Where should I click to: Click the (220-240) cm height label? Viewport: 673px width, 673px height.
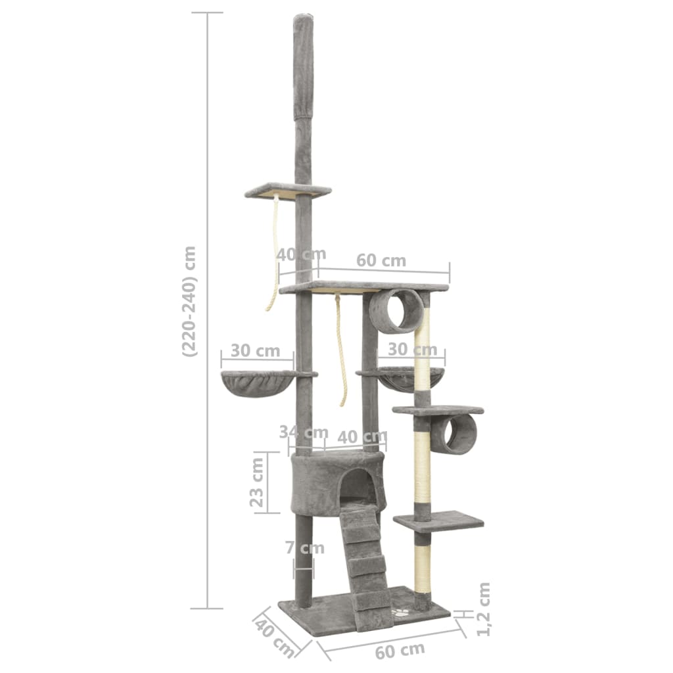[189, 301]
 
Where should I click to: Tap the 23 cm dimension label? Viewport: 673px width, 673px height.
[258, 483]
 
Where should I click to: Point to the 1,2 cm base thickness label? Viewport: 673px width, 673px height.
[484, 609]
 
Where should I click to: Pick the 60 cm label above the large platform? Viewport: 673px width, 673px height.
[381, 260]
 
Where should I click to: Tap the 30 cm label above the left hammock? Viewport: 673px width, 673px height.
[256, 350]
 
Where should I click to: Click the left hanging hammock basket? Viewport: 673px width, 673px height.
[258, 383]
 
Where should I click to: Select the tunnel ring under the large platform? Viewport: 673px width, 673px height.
[396, 310]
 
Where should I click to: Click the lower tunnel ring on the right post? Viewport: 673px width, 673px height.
[454, 434]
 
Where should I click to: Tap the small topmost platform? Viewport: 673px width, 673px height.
[288, 191]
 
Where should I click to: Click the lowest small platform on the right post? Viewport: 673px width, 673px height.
[438, 521]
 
